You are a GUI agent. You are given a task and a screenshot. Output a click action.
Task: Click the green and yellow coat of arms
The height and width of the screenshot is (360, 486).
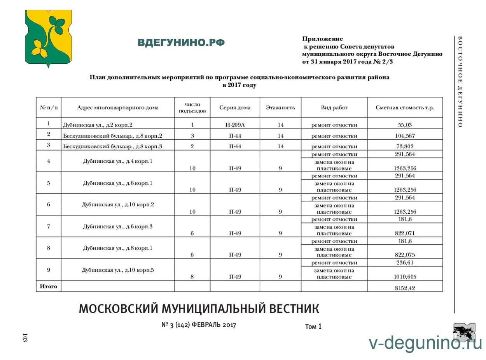click(48, 38)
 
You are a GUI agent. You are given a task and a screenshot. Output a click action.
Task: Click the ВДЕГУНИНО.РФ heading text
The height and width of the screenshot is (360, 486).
click(181, 43)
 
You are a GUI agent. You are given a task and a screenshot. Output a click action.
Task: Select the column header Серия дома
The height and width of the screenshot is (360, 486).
click(235, 108)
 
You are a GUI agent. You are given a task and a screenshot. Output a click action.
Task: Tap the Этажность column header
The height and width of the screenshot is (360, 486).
click(280, 108)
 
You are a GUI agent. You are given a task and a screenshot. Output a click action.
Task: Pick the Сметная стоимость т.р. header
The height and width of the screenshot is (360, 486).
click(405, 108)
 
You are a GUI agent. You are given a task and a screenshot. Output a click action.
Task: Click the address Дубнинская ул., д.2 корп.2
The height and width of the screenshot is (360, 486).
click(98, 125)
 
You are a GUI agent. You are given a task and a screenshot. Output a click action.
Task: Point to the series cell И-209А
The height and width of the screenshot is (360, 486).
click(235, 125)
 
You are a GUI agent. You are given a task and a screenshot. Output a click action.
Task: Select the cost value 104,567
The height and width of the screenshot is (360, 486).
click(405, 136)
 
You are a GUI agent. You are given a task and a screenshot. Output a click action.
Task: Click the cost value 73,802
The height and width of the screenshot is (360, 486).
click(405, 146)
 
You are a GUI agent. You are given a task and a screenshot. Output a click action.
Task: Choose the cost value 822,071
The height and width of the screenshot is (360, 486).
click(405, 234)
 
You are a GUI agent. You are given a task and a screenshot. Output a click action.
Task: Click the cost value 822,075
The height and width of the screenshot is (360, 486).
click(405, 255)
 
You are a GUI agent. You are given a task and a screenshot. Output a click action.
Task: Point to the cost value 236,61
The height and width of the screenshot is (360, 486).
click(405, 263)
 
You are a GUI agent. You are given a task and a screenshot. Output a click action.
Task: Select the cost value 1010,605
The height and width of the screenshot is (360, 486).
click(405, 277)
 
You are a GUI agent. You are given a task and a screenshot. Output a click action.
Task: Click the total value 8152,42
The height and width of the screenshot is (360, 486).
click(405, 288)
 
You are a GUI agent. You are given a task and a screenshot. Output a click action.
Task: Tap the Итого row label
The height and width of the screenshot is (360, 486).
click(49, 286)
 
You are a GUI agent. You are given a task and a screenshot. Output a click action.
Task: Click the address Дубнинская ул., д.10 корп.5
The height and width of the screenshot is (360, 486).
click(118, 270)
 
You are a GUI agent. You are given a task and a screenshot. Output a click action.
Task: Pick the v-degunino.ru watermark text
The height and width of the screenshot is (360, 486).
click(425, 343)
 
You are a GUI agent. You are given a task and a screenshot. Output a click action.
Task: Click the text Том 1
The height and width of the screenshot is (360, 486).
click(313, 327)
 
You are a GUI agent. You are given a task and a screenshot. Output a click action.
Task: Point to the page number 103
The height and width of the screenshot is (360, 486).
click(25, 337)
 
